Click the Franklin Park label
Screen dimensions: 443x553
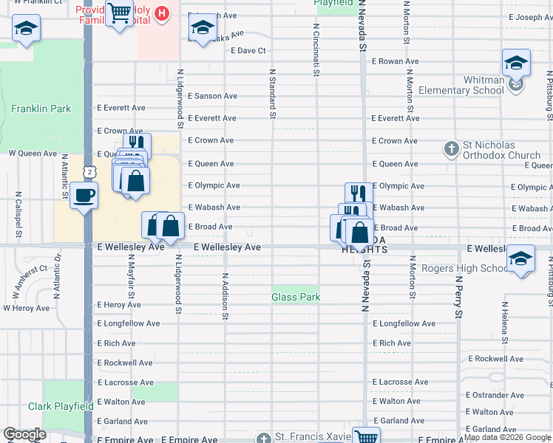(x=41, y=109)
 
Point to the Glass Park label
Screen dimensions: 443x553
(x=296, y=297)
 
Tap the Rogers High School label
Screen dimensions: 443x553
(x=465, y=268)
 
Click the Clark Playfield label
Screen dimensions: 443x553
(x=61, y=406)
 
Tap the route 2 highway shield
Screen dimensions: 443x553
(x=89, y=171)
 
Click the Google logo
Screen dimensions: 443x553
(x=25, y=433)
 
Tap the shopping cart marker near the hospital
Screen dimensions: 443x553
(x=118, y=13)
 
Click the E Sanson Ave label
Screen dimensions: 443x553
(x=212, y=96)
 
